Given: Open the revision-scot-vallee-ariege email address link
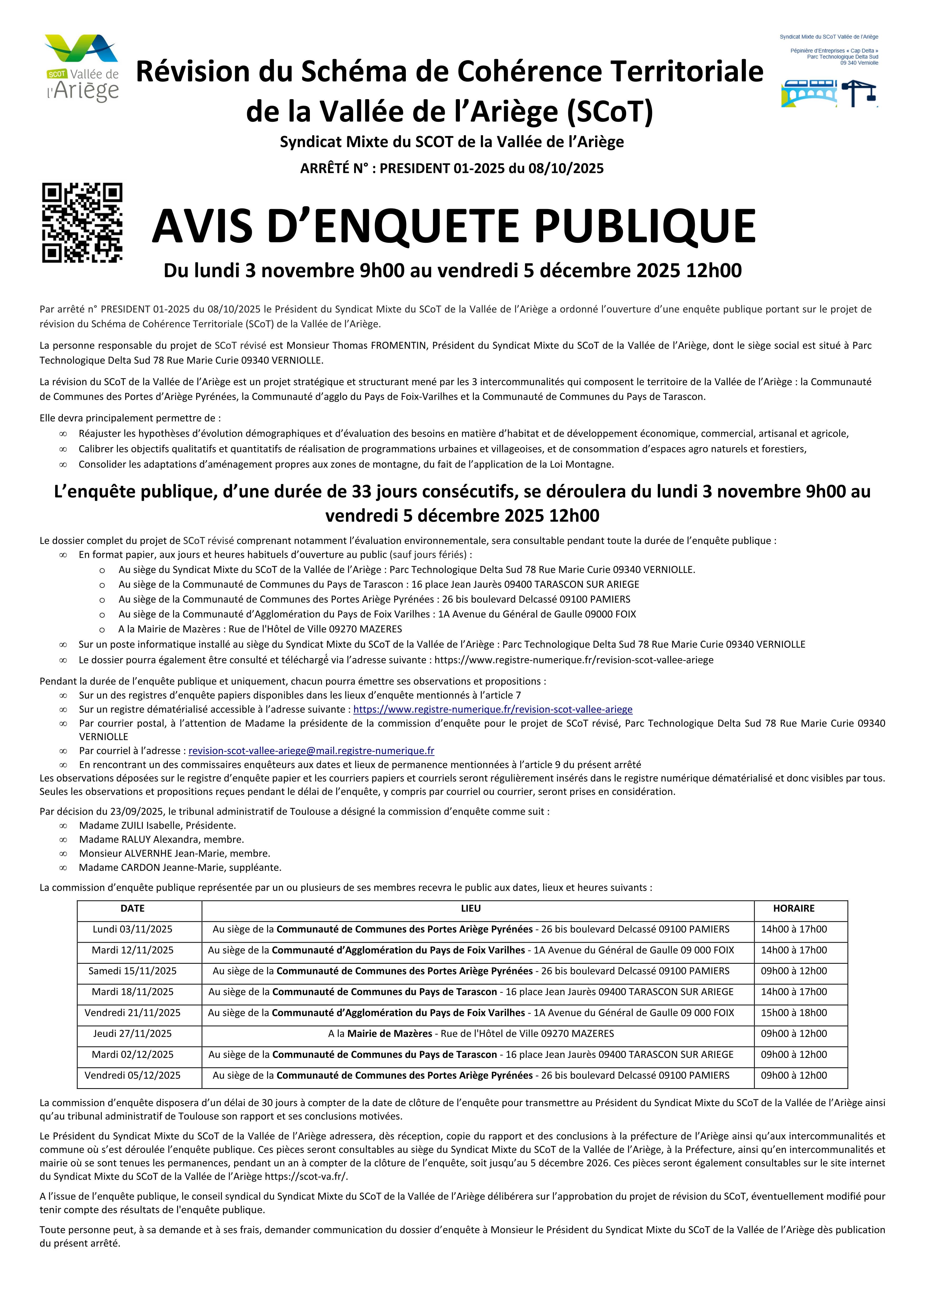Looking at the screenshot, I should click(x=311, y=751).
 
